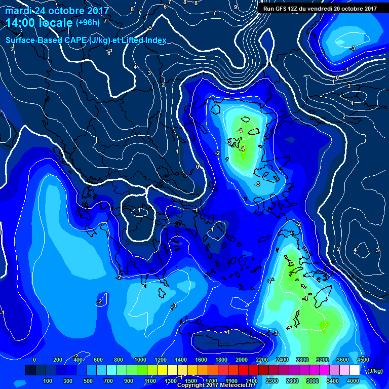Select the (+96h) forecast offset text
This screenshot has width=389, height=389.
point(88,23)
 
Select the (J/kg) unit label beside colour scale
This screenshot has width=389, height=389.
point(374,371)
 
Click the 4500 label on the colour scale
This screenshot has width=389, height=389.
point(363,360)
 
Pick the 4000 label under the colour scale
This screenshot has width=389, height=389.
point(353,381)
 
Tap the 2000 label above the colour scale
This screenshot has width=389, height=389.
point(242,360)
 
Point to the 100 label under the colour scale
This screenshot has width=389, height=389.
point(48,381)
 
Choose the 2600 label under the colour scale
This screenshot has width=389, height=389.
point(292,381)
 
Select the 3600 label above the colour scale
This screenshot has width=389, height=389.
point(343,360)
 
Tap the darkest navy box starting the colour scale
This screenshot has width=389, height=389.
point(30,371)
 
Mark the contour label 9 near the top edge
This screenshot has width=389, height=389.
point(236,7)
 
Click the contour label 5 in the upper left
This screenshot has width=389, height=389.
point(150,28)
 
